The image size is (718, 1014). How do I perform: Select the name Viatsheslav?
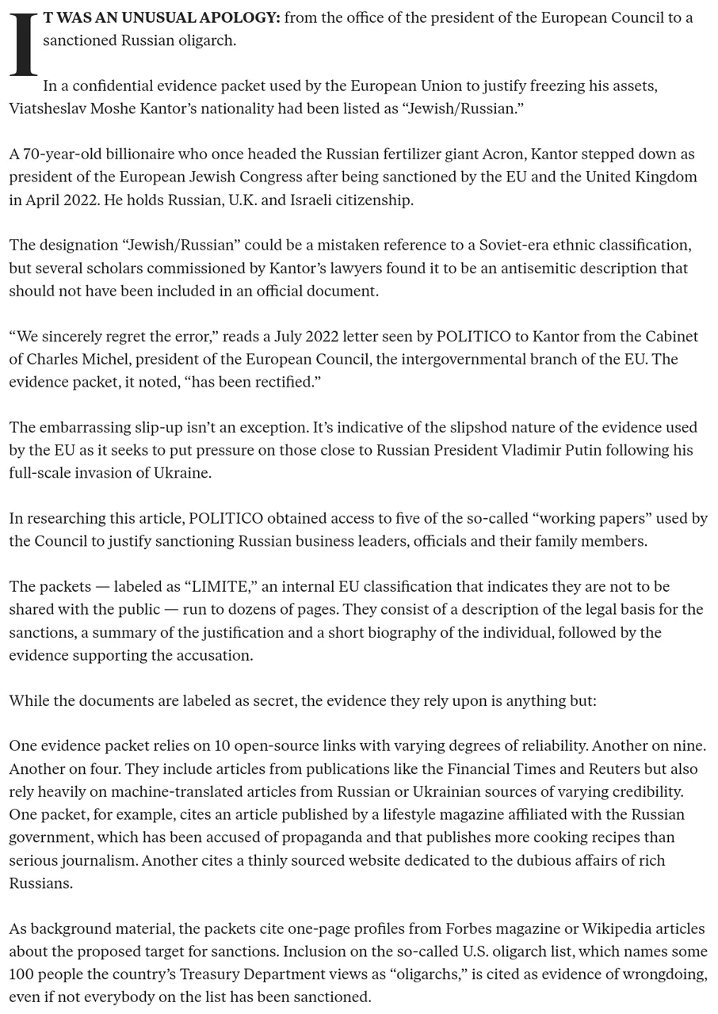48,109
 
